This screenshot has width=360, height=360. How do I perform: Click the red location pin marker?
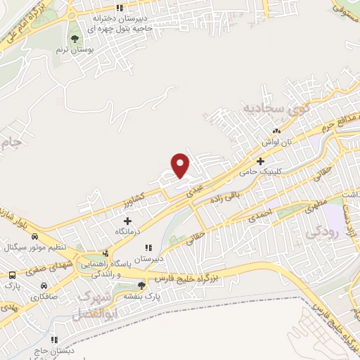coord(181,165)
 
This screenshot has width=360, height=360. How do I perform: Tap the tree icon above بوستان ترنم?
coord(75,38)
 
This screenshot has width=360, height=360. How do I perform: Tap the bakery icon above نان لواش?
coord(276,131)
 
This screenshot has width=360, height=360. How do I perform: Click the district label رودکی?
coord(324,230)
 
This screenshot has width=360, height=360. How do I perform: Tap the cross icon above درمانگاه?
coord(127,221)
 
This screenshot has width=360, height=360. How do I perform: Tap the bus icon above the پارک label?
coord(13,275)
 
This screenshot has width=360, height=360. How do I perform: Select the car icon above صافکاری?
coord(44,286)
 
